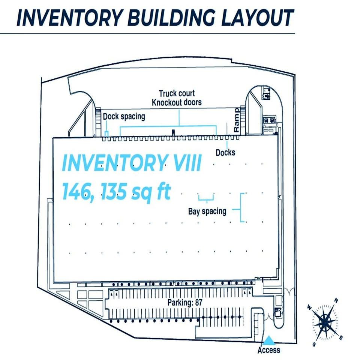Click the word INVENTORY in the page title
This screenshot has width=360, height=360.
click(x=69, y=18)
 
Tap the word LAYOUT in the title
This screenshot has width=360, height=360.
click(x=257, y=18)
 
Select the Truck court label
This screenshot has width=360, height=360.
click(x=177, y=93)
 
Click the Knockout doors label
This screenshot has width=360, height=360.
click(x=177, y=102)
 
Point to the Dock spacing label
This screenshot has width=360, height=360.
click(x=124, y=117)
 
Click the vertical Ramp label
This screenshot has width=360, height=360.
click(x=236, y=120)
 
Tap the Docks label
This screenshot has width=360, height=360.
click(x=225, y=153)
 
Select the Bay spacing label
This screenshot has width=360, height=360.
click(x=207, y=211)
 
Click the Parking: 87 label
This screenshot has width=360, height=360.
click(x=185, y=302)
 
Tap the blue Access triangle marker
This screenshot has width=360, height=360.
click(x=268, y=341)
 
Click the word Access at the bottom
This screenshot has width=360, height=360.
click(x=268, y=350)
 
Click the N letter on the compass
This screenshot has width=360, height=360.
click(x=336, y=300)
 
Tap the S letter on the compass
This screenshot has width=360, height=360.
click(x=314, y=344)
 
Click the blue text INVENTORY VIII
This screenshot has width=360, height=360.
click(x=132, y=163)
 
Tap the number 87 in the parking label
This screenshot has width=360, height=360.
click(x=199, y=302)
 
